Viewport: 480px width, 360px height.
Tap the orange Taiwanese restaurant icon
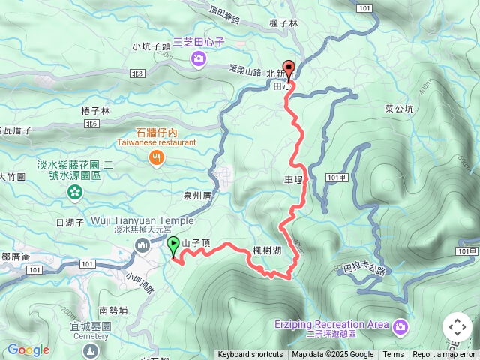tap(156, 157)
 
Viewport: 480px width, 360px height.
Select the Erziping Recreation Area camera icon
tap(400, 325)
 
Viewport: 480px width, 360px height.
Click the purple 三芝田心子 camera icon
tap(198, 59)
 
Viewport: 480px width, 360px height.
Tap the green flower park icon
tap(74, 193)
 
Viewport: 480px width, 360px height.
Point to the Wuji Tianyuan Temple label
tap(142, 220)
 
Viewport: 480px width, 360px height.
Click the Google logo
tap(28, 350)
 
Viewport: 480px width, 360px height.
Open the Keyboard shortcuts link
tap(250, 355)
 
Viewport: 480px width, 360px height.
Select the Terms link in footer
tap(393, 355)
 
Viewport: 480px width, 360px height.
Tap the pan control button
tap(457, 327)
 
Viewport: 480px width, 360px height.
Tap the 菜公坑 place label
tap(399, 108)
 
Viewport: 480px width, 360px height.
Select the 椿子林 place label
tap(95, 111)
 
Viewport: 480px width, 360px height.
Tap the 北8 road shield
tap(136, 73)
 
